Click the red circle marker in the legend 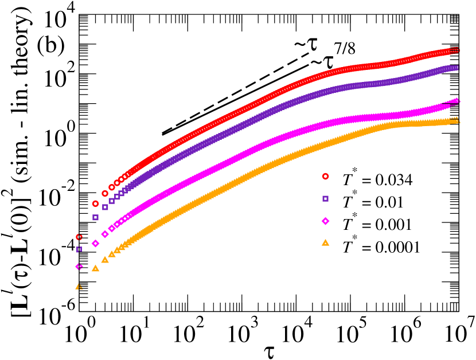pos(325,177)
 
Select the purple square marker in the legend pos(325,199)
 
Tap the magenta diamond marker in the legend pos(325,221)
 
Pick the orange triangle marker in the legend pos(325,243)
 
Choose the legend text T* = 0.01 pos(373,201)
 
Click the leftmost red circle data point pos(79,237)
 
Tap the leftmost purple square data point pos(79,249)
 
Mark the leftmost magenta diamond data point pos(79,267)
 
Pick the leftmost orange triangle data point pos(79,286)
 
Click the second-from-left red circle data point pos(95,204)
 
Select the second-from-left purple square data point pos(95,217)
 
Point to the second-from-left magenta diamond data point pos(95,243)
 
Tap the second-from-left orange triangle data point pos(95,268)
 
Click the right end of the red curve pos(456,50)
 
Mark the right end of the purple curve pos(456,68)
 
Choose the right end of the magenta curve pos(456,101)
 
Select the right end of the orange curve pos(456,120)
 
